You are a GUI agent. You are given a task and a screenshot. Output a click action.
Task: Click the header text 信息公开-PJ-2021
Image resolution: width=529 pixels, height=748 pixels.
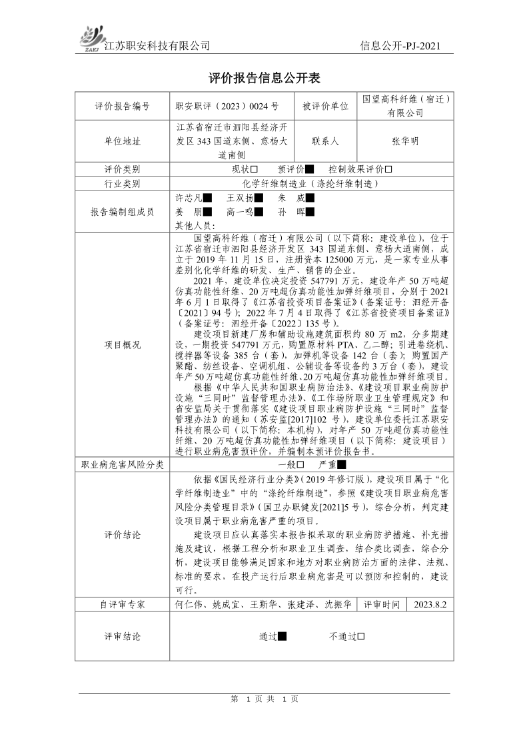click(400, 46)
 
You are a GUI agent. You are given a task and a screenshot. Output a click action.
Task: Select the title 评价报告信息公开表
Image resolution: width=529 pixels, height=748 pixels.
click(264, 78)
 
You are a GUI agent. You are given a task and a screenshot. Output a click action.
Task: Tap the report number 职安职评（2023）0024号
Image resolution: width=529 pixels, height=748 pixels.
click(227, 105)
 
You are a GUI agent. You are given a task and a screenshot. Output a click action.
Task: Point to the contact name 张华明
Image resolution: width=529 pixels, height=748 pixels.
click(406, 141)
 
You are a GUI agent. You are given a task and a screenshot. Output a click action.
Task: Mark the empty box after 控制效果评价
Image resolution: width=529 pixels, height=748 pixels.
click(388, 169)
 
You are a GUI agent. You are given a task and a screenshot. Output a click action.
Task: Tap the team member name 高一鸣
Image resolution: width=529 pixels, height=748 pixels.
click(240, 212)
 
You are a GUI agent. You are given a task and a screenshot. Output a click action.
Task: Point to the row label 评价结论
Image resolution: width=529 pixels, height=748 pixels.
click(123, 535)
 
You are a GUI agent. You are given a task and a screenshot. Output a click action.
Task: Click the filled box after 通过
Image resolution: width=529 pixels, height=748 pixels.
click(282, 636)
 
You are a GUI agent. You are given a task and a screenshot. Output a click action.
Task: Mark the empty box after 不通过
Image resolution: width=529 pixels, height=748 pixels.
click(360, 636)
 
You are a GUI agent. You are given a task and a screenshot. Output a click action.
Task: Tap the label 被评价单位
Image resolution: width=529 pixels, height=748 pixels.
click(325, 105)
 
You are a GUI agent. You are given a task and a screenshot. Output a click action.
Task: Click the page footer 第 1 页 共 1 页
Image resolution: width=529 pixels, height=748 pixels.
click(264, 699)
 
